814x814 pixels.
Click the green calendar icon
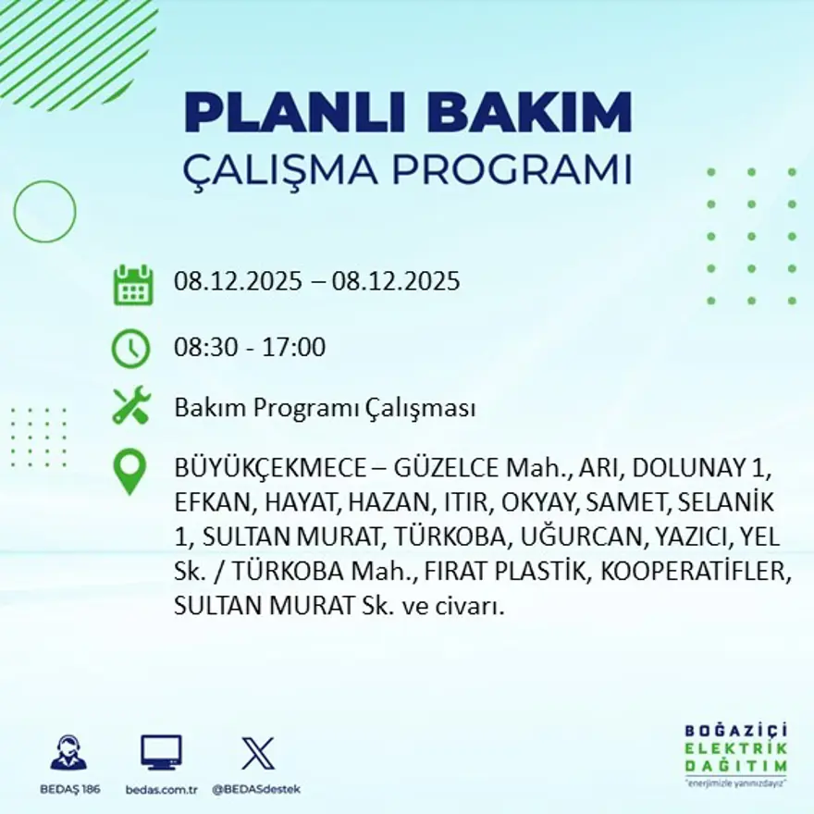(x=132, y=285)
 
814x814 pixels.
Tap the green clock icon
(x=130, y=349)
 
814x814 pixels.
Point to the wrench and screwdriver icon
(x=130, y=407)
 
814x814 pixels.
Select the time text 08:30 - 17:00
(x=250, y=349)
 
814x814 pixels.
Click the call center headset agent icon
(x=68, y=753)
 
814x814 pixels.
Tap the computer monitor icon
(x=161, y=752)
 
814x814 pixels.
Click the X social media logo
(x=257, y=752)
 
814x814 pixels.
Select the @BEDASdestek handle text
(x=257, y=789)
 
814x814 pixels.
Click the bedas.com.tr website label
(x=162, y=789)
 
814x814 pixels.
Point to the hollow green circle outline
(x=44, y=212)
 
